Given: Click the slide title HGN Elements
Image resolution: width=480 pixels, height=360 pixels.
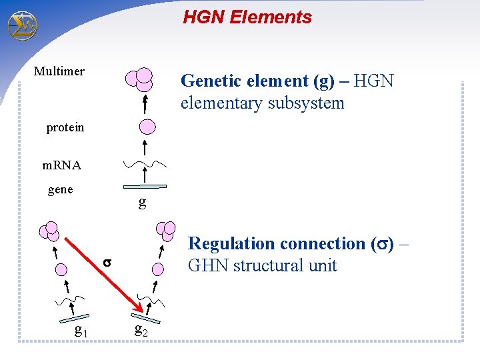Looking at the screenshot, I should [x=247, y=17].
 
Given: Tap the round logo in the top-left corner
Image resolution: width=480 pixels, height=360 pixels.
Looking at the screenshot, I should [x=22, y=25].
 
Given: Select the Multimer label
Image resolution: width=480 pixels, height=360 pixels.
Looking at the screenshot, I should [x=59, y=71].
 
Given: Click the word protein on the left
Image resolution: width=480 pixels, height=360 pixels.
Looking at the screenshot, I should [x=65, y=127].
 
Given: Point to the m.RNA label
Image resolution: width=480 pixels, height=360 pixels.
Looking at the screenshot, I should [x=62, y=165].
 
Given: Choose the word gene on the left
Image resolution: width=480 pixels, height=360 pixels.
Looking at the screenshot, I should [x=61, y=190].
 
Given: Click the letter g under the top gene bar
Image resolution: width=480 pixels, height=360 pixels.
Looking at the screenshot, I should [x=142, y=203].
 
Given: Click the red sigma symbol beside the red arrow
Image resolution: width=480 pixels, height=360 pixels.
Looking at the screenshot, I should [x=107, y=263].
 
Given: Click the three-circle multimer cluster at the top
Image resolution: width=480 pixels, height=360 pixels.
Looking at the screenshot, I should [x=141, y=79].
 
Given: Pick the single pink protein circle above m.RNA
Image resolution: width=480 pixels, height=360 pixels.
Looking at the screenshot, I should [x=147, y=127].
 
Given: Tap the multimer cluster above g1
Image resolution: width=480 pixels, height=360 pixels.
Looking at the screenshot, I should [x=49, y=231].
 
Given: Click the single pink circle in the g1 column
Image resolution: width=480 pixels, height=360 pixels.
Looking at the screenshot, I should [x=62, y=269].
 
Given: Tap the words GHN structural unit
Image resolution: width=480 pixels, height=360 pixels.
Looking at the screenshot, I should [x=263, y=266].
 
